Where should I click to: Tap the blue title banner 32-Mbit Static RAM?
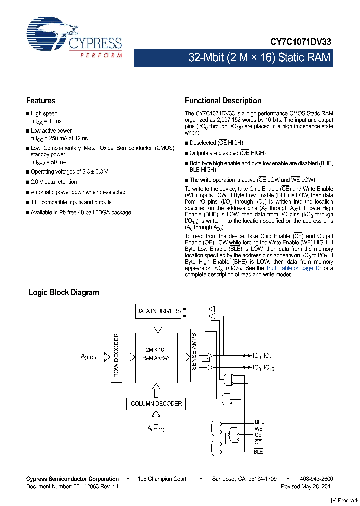[x=259, y=58]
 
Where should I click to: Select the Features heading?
[x=41, y=101]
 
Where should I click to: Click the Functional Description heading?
[x=223, y=101]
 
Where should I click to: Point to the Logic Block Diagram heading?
[x=64, y=293]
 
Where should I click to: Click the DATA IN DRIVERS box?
[x=158, y=311]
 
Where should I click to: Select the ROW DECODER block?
[x=116, y=355]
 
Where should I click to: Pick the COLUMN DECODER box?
[x=156, y=404]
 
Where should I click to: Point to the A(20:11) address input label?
[x=155, y=429]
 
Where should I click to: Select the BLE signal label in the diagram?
[x=258, y=452]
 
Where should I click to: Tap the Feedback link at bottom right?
[x=344, y=500]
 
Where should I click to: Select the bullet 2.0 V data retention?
[x=54, y=182]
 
